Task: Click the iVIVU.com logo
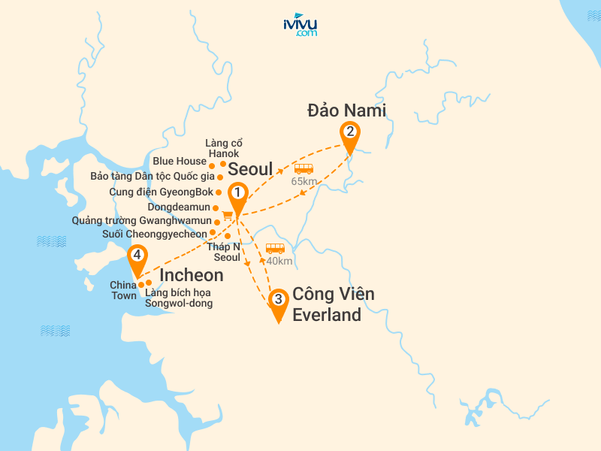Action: click(x=300, y=25)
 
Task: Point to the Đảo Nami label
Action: click(x=346, y=110)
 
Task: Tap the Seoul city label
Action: click(x=249, y=168)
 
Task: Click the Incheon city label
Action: click(x=192, y=275)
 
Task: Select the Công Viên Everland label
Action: click(x=333, y=304)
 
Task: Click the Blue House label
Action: click(x=179, y=161)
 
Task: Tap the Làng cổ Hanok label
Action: click(x=224, y=148)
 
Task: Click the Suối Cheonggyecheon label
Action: click(x=155, y=234)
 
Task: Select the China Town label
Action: click(x=123, y=290)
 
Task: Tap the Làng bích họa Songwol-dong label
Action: click(x=179, y=298)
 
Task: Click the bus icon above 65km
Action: click(x=304, y=168)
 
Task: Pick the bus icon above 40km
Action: click(x=276, y=248)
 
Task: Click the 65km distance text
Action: click(x=304, y=181)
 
